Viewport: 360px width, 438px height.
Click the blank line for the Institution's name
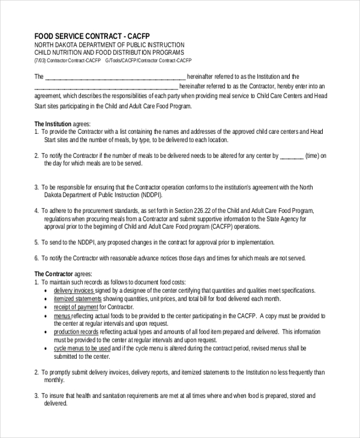(116, 77)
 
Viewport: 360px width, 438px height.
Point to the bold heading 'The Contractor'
(53, 274)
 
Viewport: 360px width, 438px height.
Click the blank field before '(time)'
(292, 156)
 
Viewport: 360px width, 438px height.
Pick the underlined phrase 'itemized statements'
(77, 299)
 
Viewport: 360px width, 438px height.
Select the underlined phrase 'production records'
(76, 332)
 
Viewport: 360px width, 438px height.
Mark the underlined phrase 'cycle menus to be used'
(82, 348)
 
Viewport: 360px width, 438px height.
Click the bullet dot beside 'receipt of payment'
(47, 307)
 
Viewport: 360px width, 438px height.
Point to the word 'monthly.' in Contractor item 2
(54, 380)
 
